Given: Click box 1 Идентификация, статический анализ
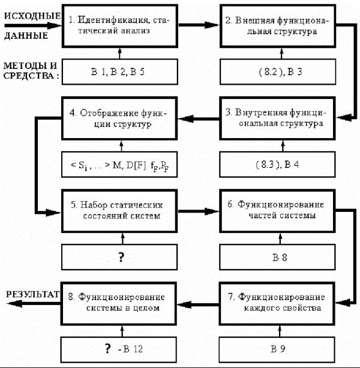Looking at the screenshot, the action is pos(120,26).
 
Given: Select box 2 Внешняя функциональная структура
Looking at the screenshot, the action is pos(278,26).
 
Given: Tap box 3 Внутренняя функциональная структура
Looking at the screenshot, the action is pos(277,118).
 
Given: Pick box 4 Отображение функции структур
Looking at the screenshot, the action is pos(119,118).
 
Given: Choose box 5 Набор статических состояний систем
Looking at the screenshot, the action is pos(119,211).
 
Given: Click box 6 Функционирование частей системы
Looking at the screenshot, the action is pos(277,211).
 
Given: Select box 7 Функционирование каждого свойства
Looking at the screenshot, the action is pos(277,303).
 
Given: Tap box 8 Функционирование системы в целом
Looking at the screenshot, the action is pos(119,303).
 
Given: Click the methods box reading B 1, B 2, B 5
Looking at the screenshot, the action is pos(120,71).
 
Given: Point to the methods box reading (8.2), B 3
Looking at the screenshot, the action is pos(278,71).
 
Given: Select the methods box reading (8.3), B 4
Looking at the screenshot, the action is pos(277,164).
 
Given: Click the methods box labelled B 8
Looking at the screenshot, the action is pos(277,257).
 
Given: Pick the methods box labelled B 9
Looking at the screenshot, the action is pos(277,350).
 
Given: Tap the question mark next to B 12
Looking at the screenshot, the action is pos(107,349).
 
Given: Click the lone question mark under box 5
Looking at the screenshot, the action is pos(121,257).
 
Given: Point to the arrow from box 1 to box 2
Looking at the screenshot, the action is pos(199,25).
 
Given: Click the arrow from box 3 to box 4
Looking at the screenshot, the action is pos(199,118).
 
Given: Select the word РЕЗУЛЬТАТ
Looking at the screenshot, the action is pos(32,294).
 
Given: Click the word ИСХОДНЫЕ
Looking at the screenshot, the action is pos(32,16).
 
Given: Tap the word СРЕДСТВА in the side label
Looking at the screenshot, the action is pos(28,76).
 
